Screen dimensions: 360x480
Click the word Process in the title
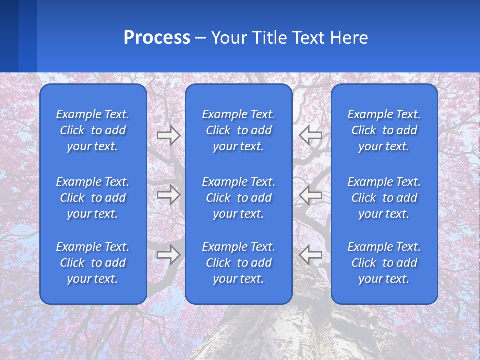click(x=157, y=38)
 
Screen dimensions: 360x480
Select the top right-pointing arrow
click(x=168, y=135)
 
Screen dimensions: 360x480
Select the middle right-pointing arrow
click(x=168, y=195)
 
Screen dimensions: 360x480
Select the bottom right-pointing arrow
click(x=168, y=255)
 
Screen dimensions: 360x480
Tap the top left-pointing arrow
click(x=310, y=135)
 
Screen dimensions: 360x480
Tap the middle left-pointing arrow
click(x=310, y=195)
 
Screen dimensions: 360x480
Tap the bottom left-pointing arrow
click(x=310, y=255)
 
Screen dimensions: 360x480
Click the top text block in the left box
click(x=93, y=130)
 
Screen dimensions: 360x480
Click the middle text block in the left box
click(x=93, y=198)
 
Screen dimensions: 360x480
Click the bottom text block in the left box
click(x=93, y=263)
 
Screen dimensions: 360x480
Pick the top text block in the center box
click(x=239, y=130)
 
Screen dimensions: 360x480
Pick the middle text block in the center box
click(x=239, y=198)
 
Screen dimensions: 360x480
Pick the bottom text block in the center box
click(x=239, y=263)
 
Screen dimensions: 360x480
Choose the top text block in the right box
click(x=384, y=130)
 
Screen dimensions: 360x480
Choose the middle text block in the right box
click(x=384, y=198)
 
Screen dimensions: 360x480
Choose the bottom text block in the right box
click(x=384, y=263)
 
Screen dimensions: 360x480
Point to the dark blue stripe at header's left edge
click(x=9, y=36)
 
